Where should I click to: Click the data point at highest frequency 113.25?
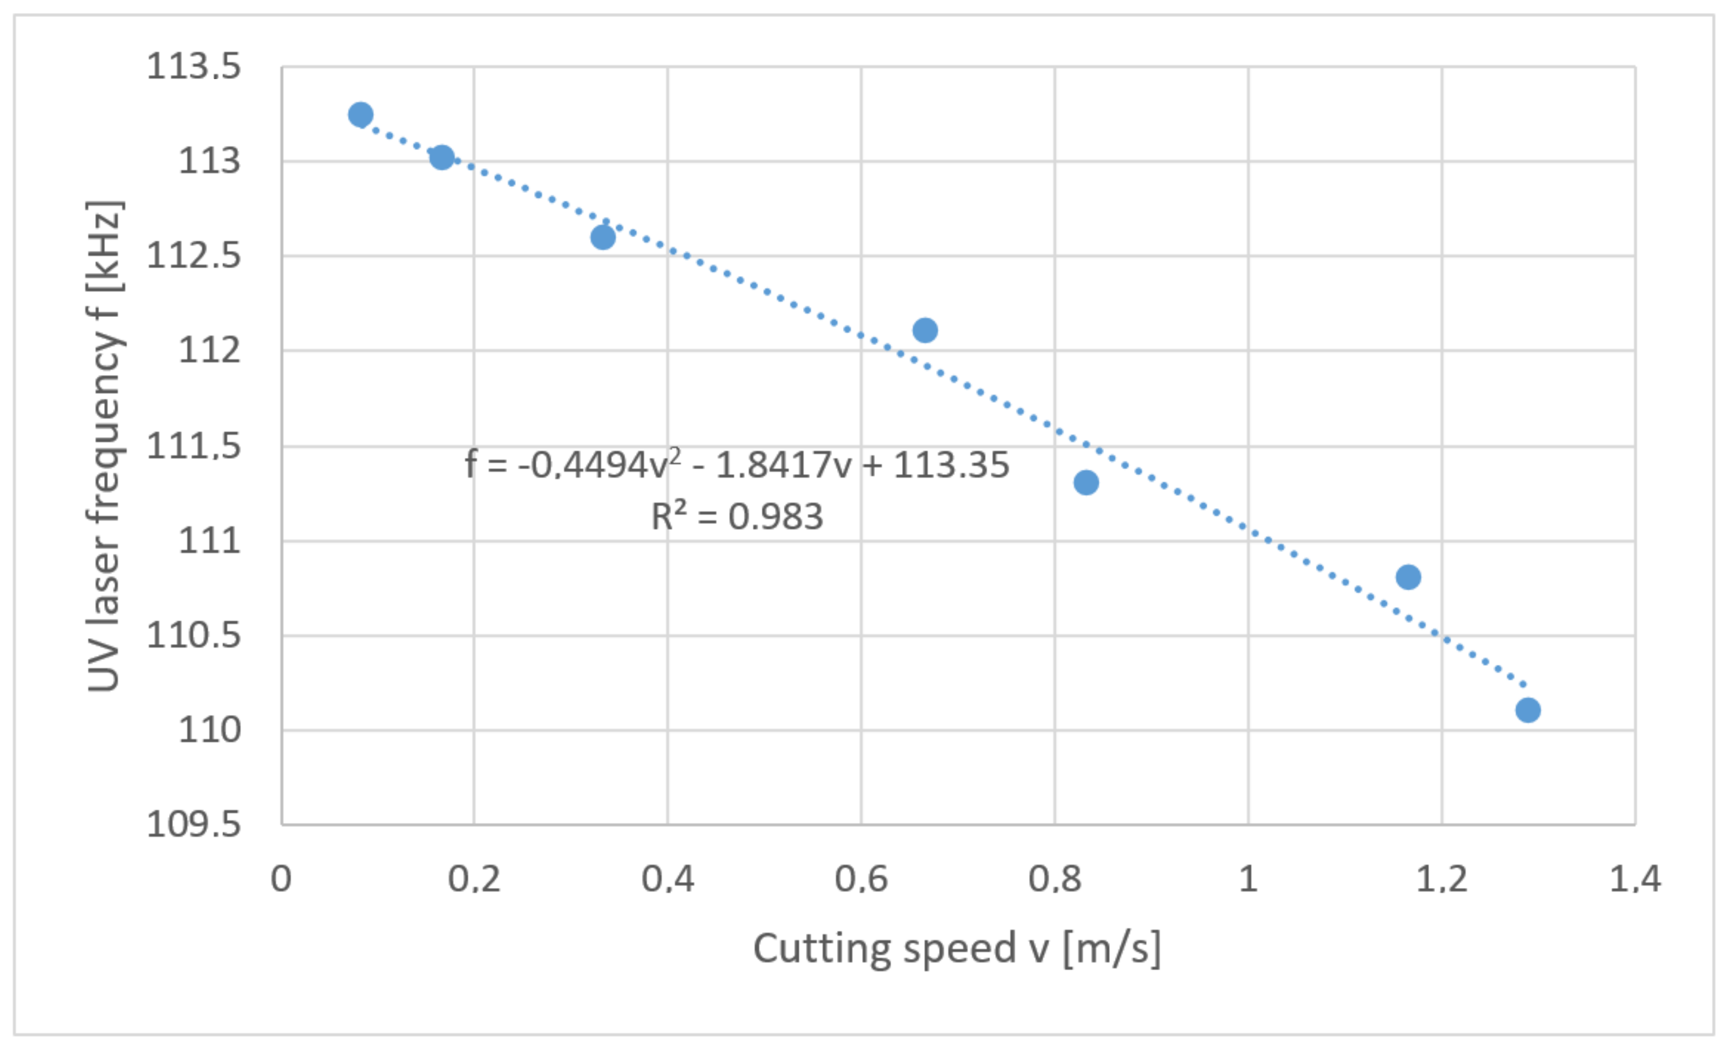360,114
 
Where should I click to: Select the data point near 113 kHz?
442,157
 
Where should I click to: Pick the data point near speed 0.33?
603,237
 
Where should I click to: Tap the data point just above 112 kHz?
925,330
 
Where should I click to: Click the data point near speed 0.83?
1086,482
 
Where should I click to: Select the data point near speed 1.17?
1408,577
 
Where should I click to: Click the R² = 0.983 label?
737,517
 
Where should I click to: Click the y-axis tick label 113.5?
193,67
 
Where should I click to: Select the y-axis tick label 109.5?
193,825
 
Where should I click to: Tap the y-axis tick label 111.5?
193,446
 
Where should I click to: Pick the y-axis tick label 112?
209,350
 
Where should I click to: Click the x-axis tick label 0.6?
861,879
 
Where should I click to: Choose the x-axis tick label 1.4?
1634,879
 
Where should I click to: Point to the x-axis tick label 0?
281,879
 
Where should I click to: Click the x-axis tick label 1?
1248,879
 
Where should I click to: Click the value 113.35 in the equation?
951,465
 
